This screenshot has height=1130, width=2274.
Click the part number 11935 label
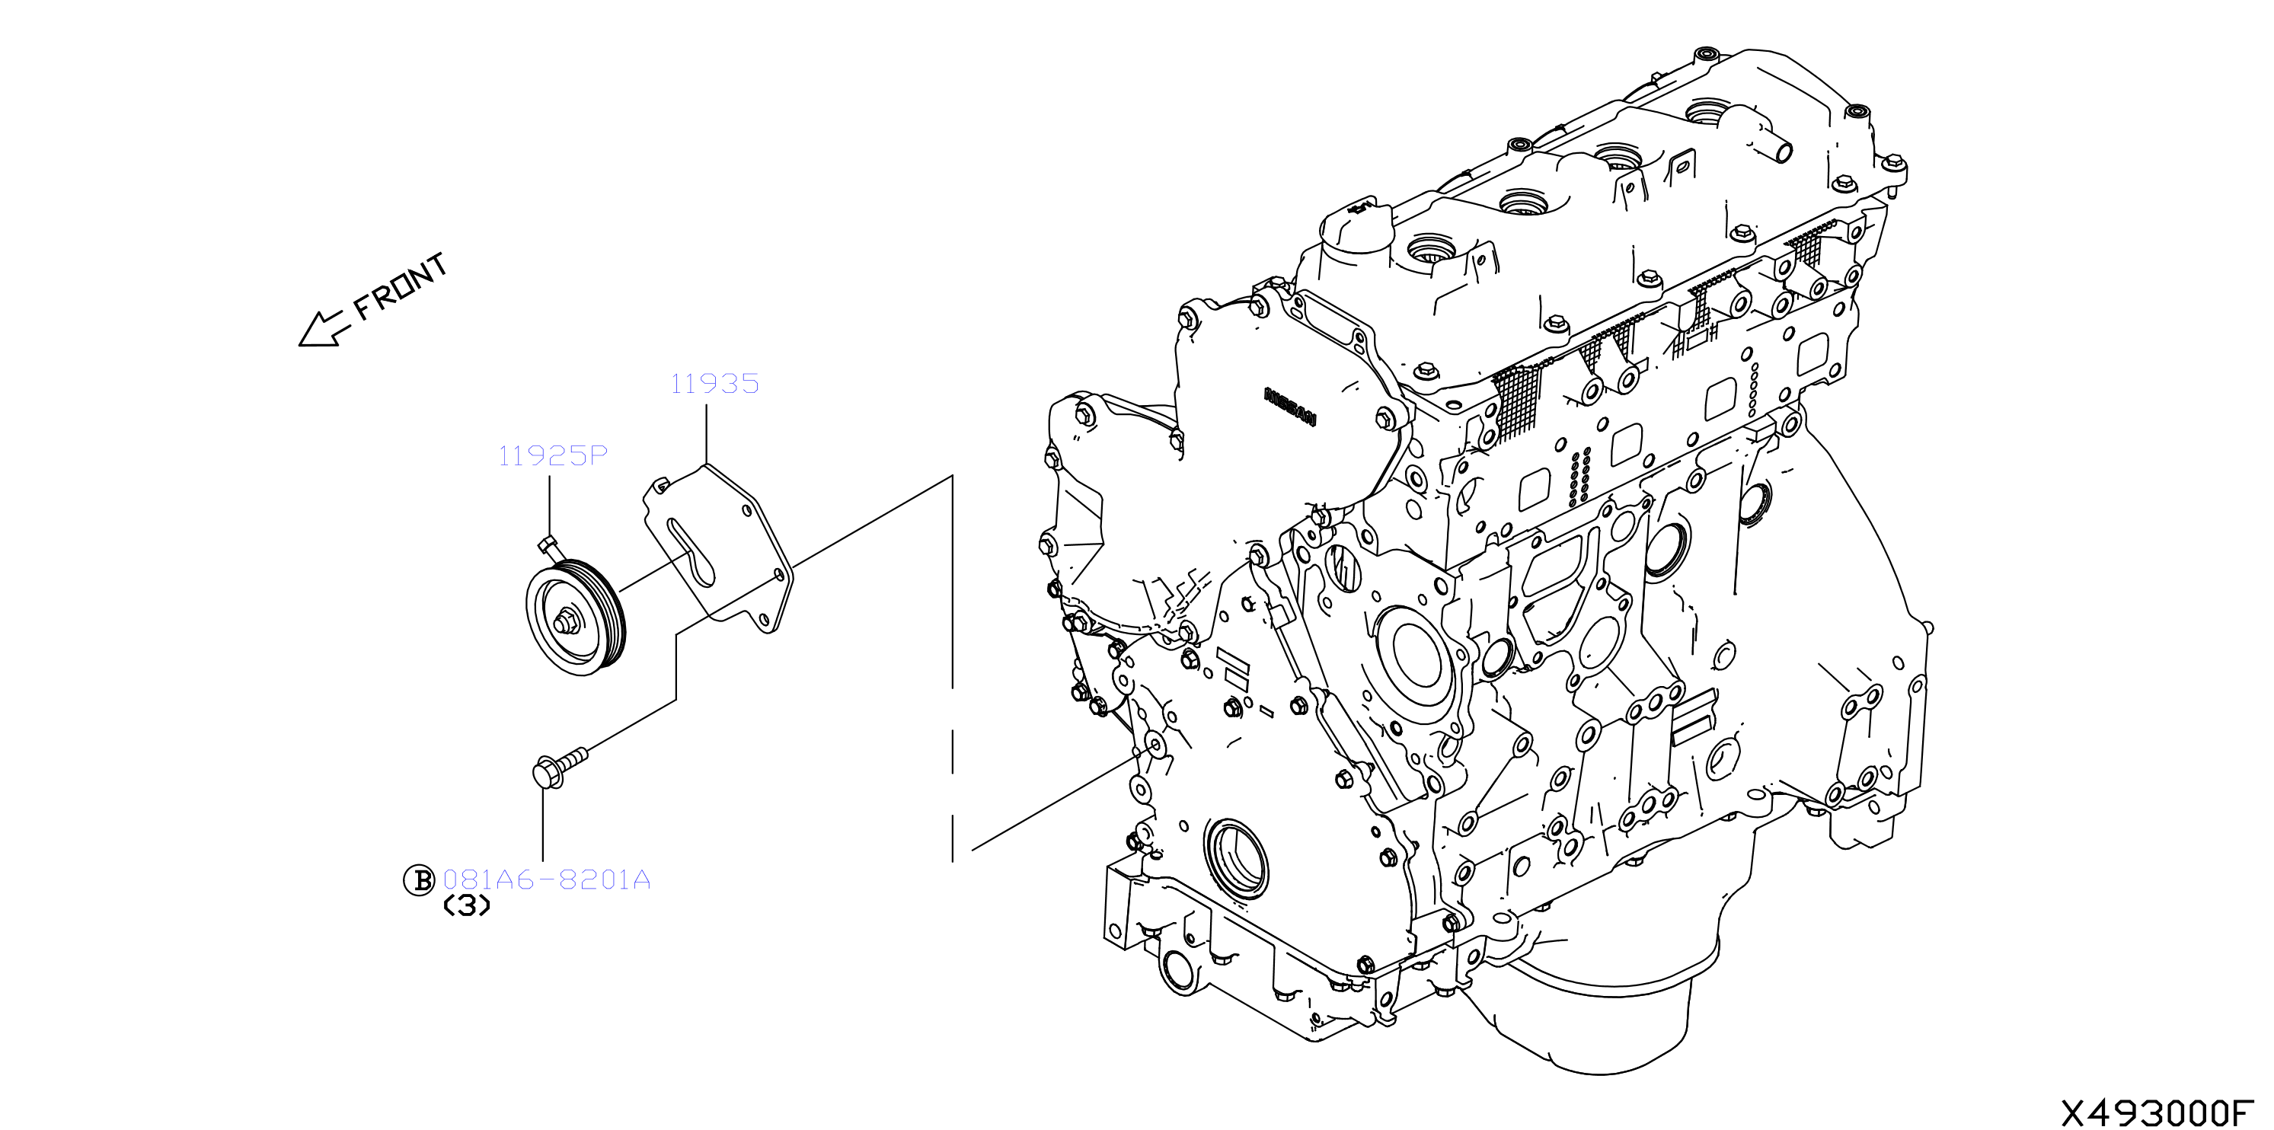pos(714,384)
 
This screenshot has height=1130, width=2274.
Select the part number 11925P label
pos(553,456)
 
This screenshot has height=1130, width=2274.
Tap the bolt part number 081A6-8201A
pos(547,880)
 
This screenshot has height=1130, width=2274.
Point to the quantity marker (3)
pos(466,907)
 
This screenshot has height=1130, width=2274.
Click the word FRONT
pos(401,287)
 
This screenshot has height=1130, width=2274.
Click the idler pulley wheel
pos(576,618)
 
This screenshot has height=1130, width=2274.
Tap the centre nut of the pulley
pos(566,622)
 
